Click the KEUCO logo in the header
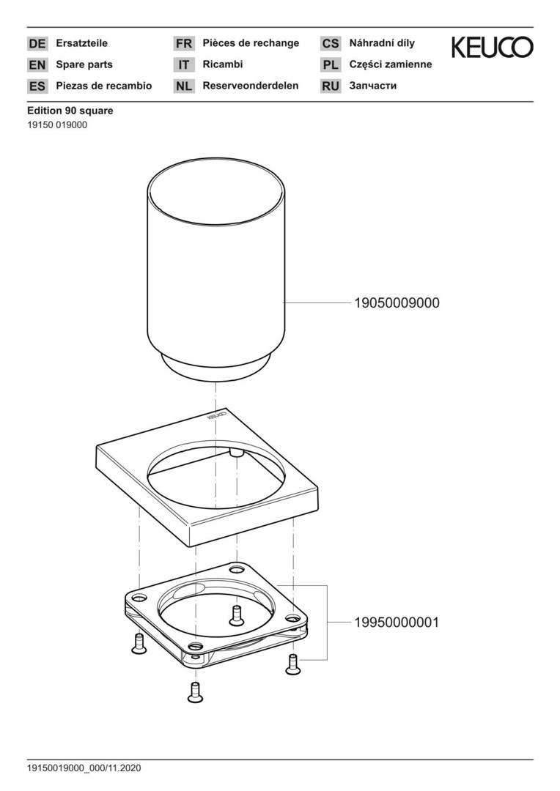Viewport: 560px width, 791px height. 492,48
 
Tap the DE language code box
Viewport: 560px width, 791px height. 37,44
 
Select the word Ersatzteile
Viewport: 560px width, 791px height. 81,43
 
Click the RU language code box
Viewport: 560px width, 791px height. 331,86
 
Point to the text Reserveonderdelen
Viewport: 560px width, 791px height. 250,86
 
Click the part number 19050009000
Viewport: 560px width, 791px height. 397,302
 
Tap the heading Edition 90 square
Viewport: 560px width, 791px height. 70,111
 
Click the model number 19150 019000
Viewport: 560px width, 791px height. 57,125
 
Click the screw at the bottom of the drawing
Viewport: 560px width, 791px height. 195,692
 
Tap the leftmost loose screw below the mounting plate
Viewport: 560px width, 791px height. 137,644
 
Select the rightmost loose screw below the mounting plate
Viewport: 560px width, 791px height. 292,664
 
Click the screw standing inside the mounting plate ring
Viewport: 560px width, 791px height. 236,615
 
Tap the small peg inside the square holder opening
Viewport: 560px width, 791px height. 237,454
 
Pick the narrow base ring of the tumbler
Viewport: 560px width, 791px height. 215,367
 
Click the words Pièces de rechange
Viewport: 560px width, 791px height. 251,43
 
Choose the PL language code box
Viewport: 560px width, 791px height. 331,65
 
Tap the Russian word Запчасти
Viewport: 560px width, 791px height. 372,86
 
